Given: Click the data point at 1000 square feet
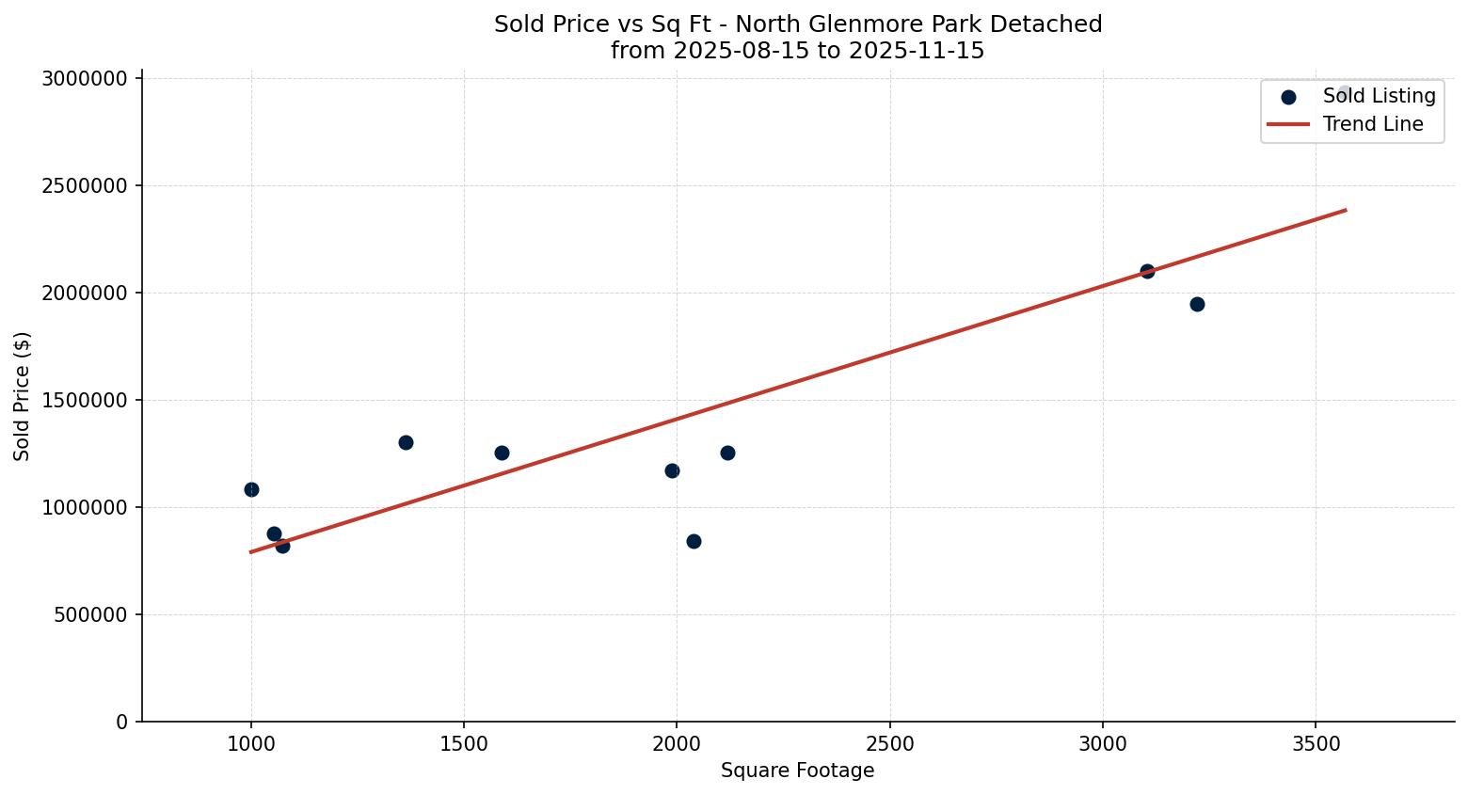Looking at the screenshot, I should pos(251,489).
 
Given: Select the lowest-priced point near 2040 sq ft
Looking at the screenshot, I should pos(694,541).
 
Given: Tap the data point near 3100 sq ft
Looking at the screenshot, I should pos(1147,271).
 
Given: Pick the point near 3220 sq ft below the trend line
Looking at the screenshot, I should pos(1197,304).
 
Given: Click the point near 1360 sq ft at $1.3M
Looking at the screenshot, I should pos(406,442).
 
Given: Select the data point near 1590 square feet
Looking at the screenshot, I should pos(502,453).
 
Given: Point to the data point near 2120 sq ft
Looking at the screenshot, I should pos(727,453).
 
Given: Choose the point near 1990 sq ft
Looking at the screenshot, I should pos(672,470).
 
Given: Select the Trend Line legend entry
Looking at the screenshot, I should pos(1372,124).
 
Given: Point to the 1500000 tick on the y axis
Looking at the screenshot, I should pos(85,400).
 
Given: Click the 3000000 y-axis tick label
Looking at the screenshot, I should pos(85,78).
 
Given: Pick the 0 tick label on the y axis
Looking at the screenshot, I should pos(121,722).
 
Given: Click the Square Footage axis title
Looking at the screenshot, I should pos(797,771).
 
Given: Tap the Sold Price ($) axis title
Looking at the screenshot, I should pos(23,396).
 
